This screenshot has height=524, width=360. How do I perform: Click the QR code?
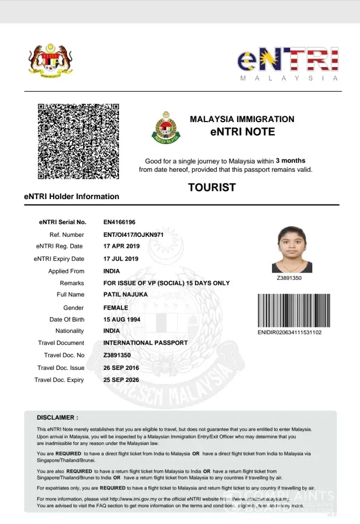coord(78,141)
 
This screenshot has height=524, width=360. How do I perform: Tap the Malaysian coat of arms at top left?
coord(50,61)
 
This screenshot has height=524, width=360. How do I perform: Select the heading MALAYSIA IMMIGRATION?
coord(242,119)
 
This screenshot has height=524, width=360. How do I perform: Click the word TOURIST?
coord(212,188)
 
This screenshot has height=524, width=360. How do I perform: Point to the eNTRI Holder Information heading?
coord(72,196)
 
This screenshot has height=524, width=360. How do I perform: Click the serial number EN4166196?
coord(119,222)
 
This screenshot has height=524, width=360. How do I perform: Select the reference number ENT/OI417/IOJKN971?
coord(134,235)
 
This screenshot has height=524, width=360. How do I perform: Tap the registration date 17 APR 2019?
coord(121,246)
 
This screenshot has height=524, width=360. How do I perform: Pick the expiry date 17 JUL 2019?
coord(121,259)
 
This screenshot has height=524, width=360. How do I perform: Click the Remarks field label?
coord(72,283)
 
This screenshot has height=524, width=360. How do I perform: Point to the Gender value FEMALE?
coord(116,308)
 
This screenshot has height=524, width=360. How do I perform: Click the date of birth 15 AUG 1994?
coord(122,320)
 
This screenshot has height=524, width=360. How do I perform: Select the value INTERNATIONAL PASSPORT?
coord(146,343)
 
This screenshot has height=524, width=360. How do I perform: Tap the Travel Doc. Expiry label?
coord(59,380)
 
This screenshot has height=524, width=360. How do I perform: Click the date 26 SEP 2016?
coord(121,368)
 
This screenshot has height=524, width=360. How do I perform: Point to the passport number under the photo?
coord(289,278)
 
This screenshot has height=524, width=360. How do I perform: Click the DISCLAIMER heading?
coord(58,418)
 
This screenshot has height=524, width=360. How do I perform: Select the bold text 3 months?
coord(290,160)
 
